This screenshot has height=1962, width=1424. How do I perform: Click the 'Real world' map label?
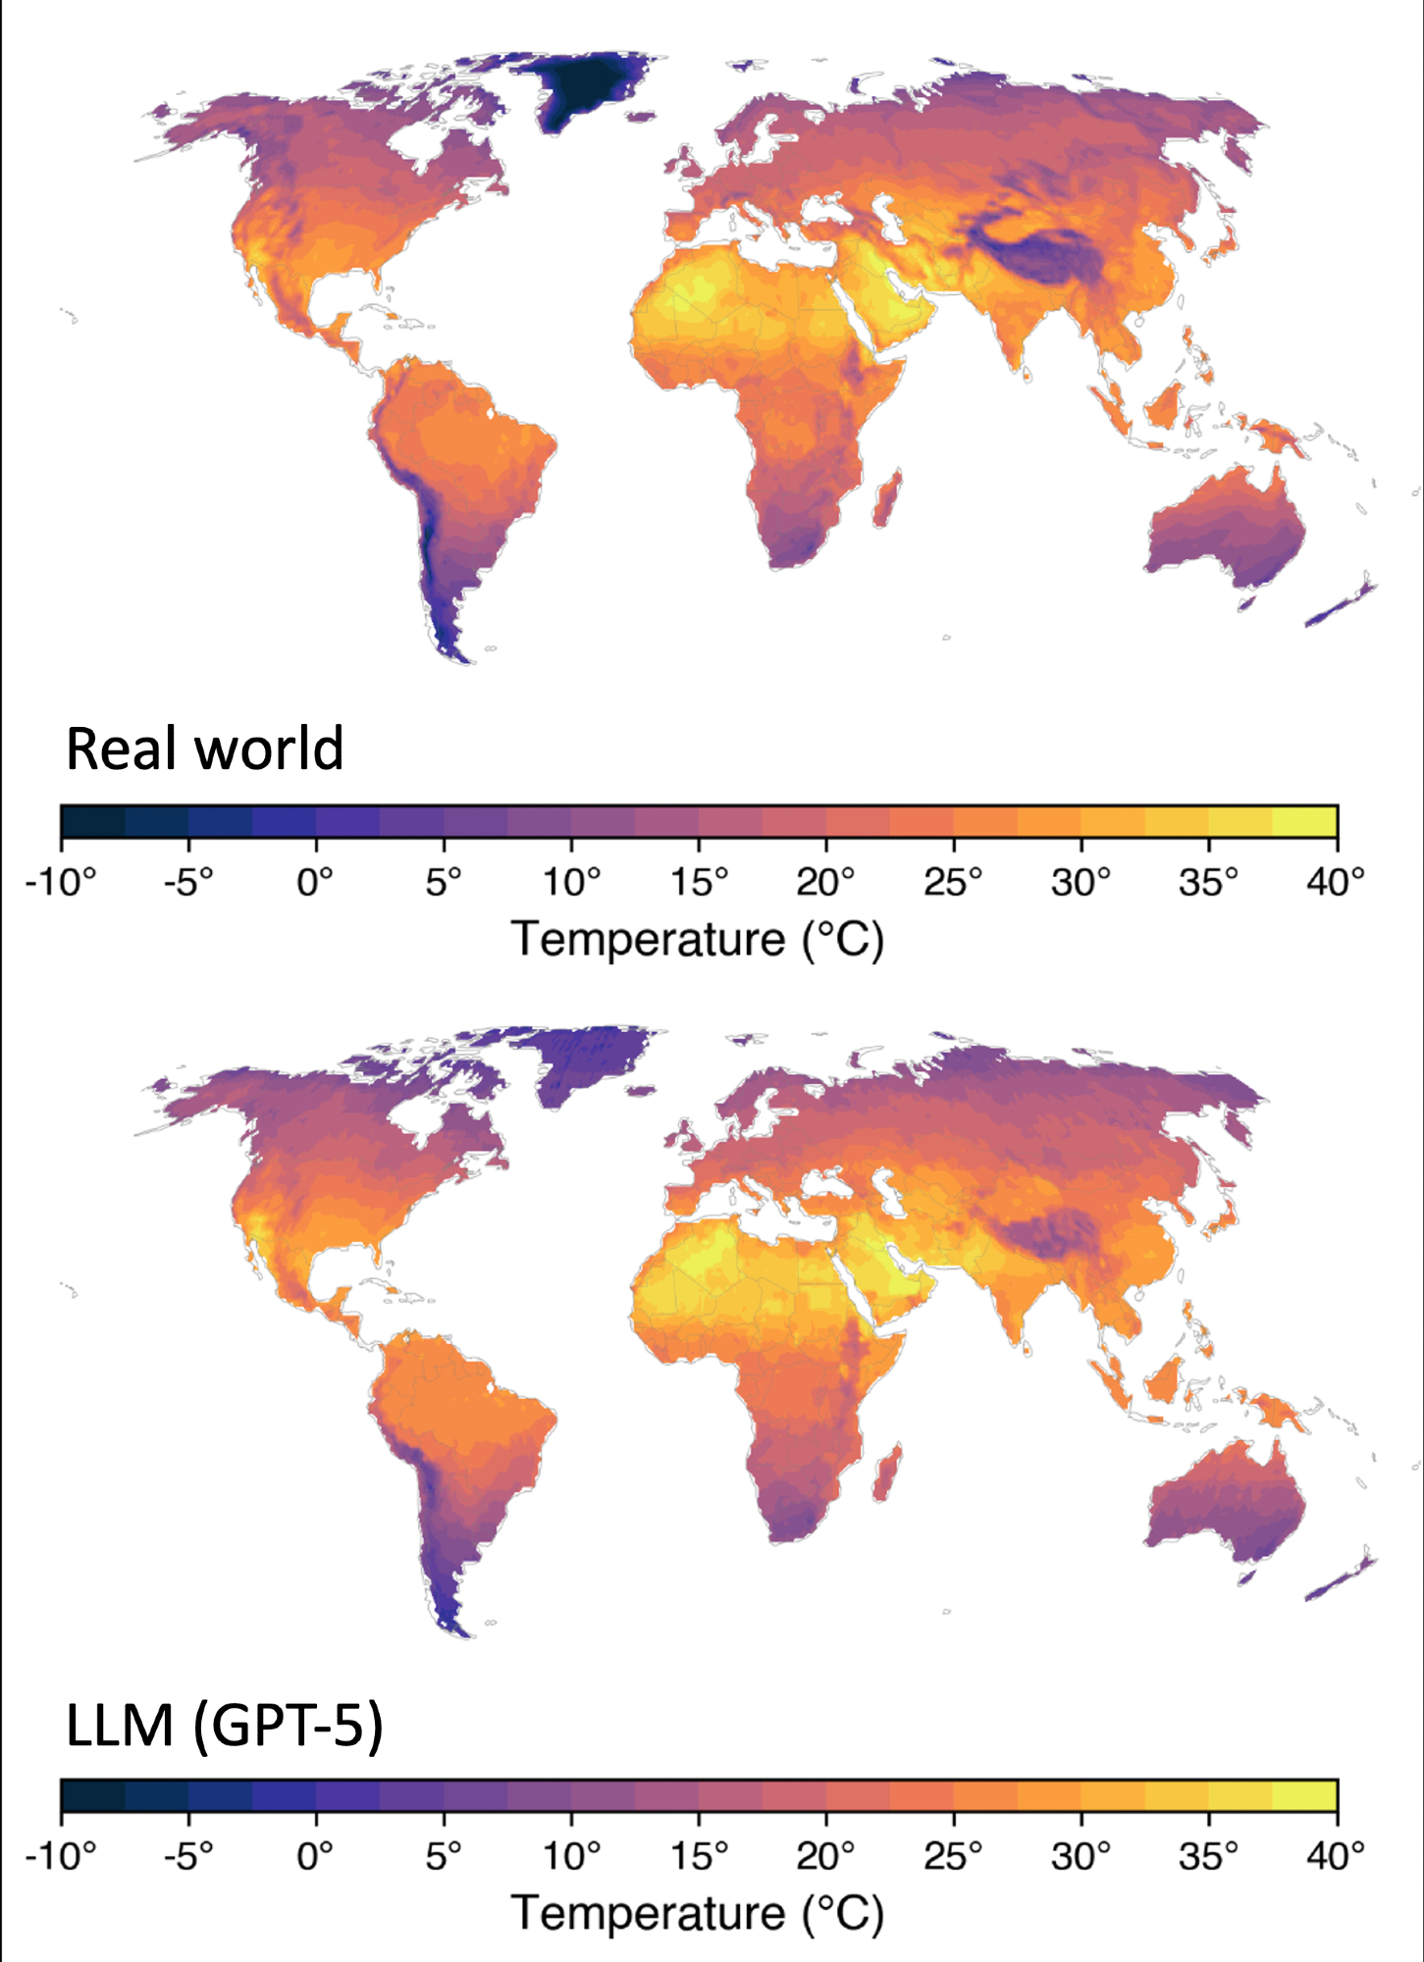[x=204, y=749]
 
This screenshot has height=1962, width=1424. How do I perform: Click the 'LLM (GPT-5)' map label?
[x=224, y=1725]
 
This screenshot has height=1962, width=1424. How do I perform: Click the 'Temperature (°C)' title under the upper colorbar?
[x=698, y=940]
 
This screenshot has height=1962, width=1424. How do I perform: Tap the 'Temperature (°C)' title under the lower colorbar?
[x=698, y=1914]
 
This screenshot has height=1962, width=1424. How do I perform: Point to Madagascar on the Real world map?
[x=888, y=498]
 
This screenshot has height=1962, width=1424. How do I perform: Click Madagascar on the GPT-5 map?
[x=887, y=1472]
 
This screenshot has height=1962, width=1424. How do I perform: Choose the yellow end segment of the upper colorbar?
[x=1304, y=821]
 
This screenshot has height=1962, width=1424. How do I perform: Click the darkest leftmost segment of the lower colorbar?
[x=93, y=1795]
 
